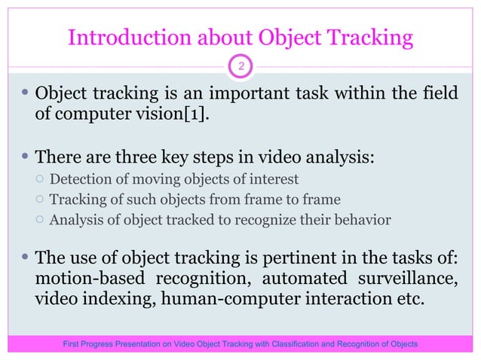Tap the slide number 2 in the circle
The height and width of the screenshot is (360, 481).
(x=240, y=68)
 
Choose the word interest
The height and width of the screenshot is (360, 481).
(x=273, y=179)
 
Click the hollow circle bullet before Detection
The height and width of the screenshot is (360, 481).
(x=39, y=179)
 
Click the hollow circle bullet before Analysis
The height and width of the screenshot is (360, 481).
(x=39, y=221)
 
